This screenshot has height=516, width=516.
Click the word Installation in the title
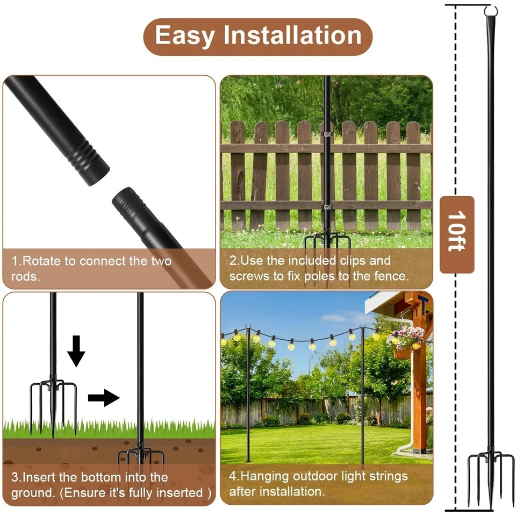pos(292,35)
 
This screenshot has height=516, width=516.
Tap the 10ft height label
pos(457,234)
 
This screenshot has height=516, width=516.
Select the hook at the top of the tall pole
pos(490,11)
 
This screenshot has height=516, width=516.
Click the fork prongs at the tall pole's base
pos(490,476)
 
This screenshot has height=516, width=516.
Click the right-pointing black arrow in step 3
pos(103,398)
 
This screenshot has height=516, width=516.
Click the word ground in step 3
pos(31,493)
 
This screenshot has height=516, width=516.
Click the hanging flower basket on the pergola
pos(405,341)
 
